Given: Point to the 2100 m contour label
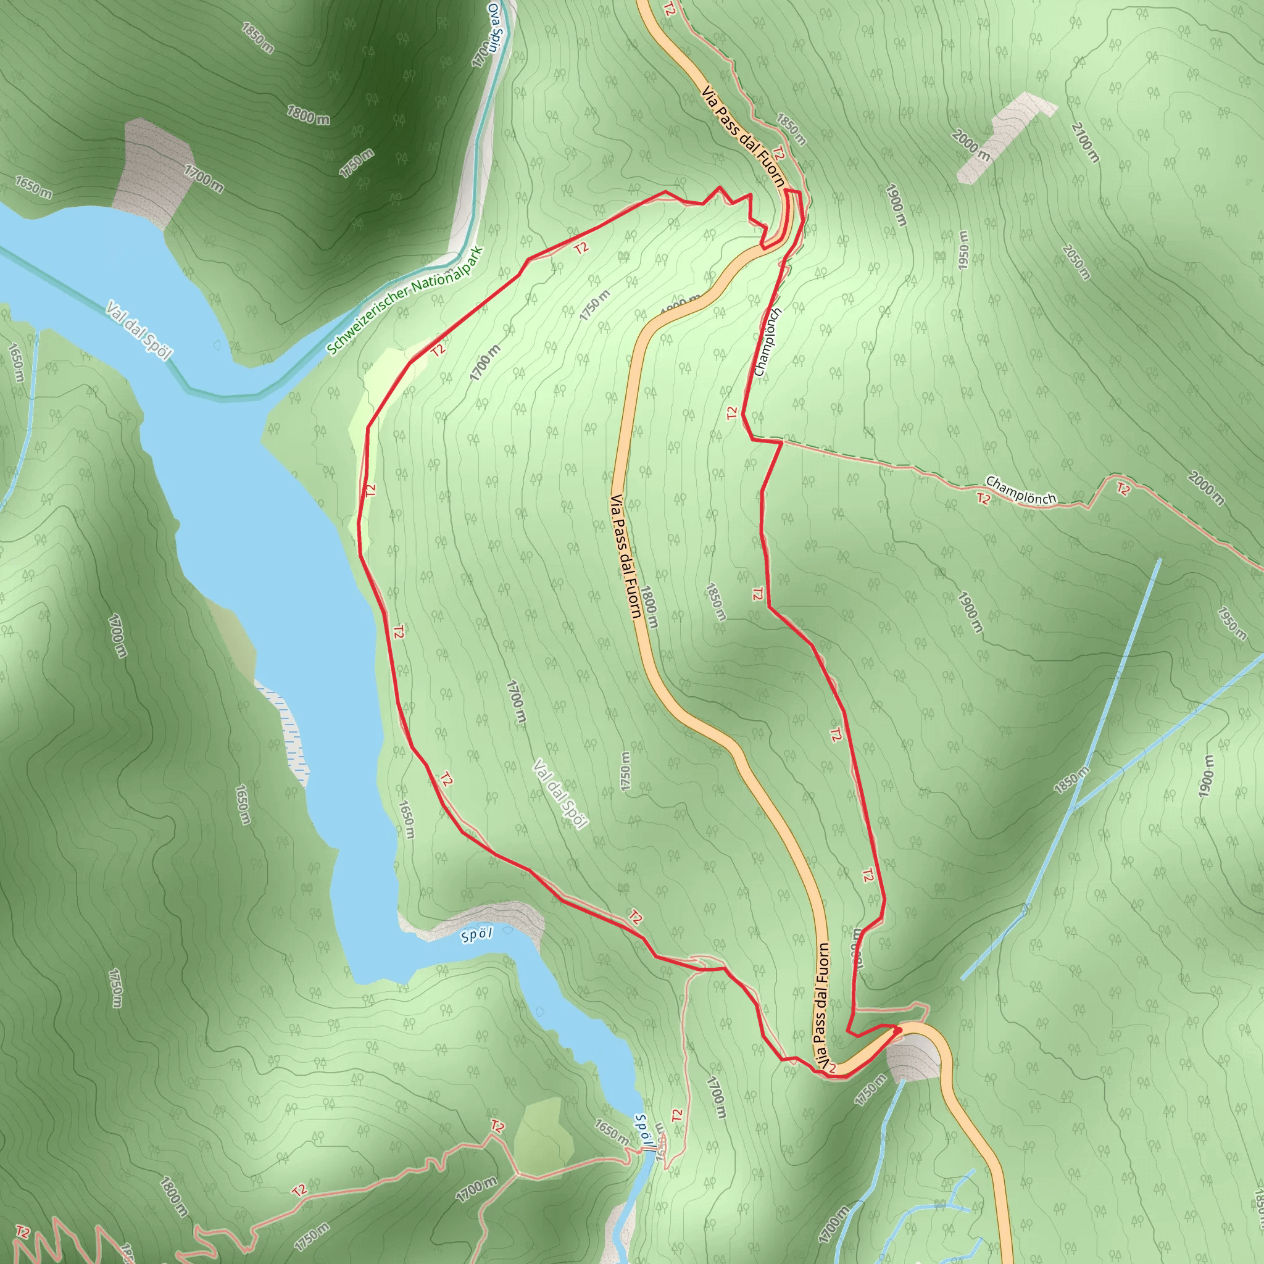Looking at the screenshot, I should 1085,143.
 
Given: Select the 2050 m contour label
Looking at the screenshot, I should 1076,262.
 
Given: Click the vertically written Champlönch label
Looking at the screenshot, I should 767,342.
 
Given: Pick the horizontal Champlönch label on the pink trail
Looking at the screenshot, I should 1021,491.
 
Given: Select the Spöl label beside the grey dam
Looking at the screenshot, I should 476,935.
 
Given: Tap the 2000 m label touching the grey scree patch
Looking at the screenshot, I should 971,145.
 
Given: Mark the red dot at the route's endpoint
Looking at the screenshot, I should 898,1031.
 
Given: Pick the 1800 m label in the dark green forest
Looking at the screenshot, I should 308,115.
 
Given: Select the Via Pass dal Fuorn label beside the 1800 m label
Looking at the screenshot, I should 625,555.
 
